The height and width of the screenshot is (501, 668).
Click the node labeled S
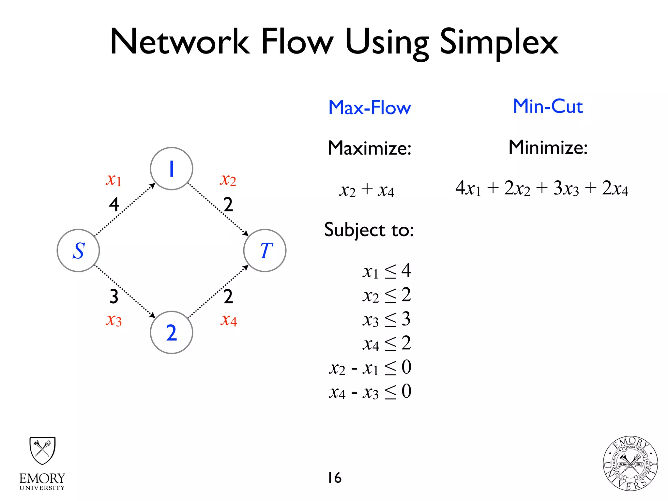point(78,250)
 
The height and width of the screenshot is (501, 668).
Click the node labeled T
point(265,250)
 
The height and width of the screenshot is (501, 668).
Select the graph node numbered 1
point(172,169)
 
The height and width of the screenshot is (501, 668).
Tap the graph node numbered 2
point(172,332)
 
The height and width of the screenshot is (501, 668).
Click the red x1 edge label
point(114,180)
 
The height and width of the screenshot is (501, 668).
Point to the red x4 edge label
point(228,320)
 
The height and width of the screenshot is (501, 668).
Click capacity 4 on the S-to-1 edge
point(114,205)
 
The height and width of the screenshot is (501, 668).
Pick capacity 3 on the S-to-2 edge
point(114,296)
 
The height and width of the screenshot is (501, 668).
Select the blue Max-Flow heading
point(370,108)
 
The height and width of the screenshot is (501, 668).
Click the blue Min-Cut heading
point(548,106)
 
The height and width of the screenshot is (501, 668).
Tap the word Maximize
point(370,148)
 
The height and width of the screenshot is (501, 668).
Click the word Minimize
point(548,147)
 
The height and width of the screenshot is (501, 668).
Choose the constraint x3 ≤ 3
point(387,319)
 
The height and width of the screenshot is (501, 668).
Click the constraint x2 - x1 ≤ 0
point(370,368)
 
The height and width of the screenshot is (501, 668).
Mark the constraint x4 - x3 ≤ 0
point(370,392)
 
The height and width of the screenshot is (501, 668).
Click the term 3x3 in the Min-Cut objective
point(566,188)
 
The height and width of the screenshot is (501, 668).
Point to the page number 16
point(335,478)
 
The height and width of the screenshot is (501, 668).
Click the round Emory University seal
point(630,463)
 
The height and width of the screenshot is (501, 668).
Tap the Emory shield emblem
point(42,450)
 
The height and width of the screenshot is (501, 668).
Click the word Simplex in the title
point(499,42)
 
